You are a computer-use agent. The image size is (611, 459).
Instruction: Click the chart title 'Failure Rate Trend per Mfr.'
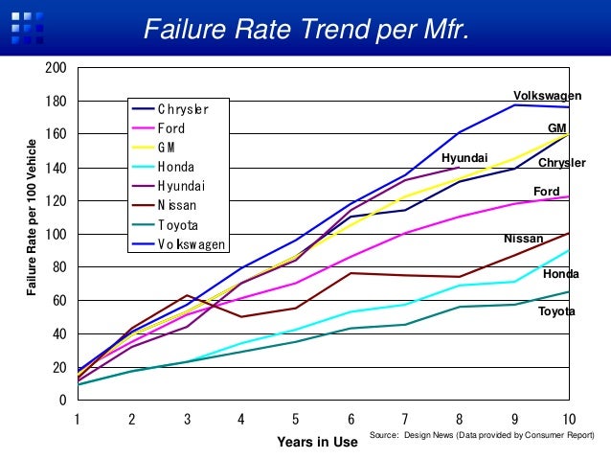tap(306, 29)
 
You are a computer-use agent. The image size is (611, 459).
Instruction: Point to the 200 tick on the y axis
tap(56, 68)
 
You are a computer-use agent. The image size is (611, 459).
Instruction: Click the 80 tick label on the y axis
tap(60, 267)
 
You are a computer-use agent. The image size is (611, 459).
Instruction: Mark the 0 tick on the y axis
tap(63, 400)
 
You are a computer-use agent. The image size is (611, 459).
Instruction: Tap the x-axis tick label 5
tap(295, 419)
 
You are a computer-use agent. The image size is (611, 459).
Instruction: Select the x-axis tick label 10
tap(569, 419)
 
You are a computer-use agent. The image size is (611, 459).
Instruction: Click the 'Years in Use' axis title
tap(317, 442)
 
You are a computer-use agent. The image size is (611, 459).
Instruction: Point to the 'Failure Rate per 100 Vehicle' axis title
tap(32, 218)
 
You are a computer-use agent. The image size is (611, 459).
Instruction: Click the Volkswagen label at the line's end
tap(547, 96)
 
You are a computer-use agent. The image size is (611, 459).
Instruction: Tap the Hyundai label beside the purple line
tap(464, 158)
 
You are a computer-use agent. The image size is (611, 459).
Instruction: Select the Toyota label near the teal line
tap(556, 311)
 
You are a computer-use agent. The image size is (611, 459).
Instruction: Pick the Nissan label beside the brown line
tap(523, 239)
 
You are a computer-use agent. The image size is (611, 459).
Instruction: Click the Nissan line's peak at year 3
tap(187, 295)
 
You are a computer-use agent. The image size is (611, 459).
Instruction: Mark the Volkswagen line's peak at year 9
tap(514, 104)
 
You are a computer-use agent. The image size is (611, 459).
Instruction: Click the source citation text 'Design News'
tap(429, 435)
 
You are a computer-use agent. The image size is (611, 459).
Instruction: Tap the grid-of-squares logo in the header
tap(27, 28)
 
